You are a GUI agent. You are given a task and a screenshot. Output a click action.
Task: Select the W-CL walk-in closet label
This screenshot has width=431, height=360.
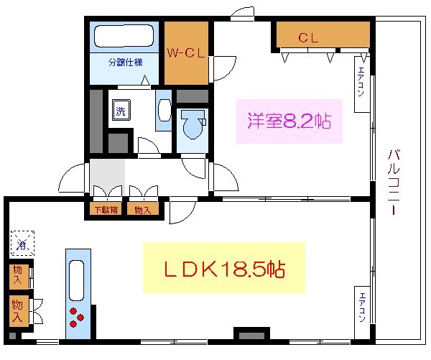pyautogui.click(x=187, y=53)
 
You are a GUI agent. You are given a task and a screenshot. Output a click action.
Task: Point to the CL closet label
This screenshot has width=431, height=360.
pyautogui.click(x=309, y=37)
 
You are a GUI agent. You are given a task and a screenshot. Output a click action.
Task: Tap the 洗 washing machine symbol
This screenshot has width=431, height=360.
pyautogui.click(x=119, y=111)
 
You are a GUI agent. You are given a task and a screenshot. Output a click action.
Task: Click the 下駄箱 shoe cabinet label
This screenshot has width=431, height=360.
pyautogui.click(x=106, y=211)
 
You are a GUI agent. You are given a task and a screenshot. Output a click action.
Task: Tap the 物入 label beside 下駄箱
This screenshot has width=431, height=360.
pyautogui.click(x=142, y=211)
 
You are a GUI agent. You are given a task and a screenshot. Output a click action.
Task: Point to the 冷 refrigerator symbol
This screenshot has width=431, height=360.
pyautogui.click(x=22, y=243)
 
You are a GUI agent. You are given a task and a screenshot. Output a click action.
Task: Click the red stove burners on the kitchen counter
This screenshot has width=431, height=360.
pyautogui.click(x=76, y=317)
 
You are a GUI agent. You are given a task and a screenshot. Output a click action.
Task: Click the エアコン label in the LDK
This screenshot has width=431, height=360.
pyautogui.click(x=363, y=306)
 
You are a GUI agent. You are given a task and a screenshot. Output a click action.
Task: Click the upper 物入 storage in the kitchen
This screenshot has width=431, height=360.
pyautogui.click(x=17, y=275)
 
